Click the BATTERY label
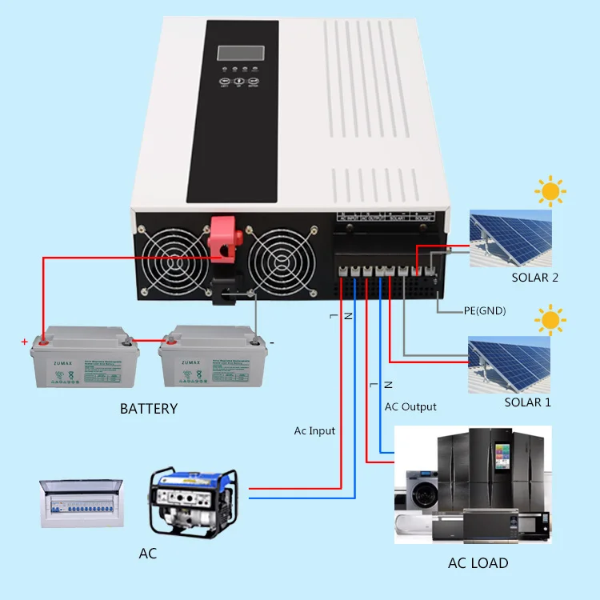point(149,409)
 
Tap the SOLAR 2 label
point(535,278)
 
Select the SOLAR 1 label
point(527,402)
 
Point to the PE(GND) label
point(485,310)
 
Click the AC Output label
point(410,406)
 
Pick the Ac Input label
point(314,430)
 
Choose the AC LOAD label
point(478,562)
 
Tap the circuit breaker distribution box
point(82,502)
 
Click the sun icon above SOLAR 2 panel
point(550,191)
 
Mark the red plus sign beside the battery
point(25,342)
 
